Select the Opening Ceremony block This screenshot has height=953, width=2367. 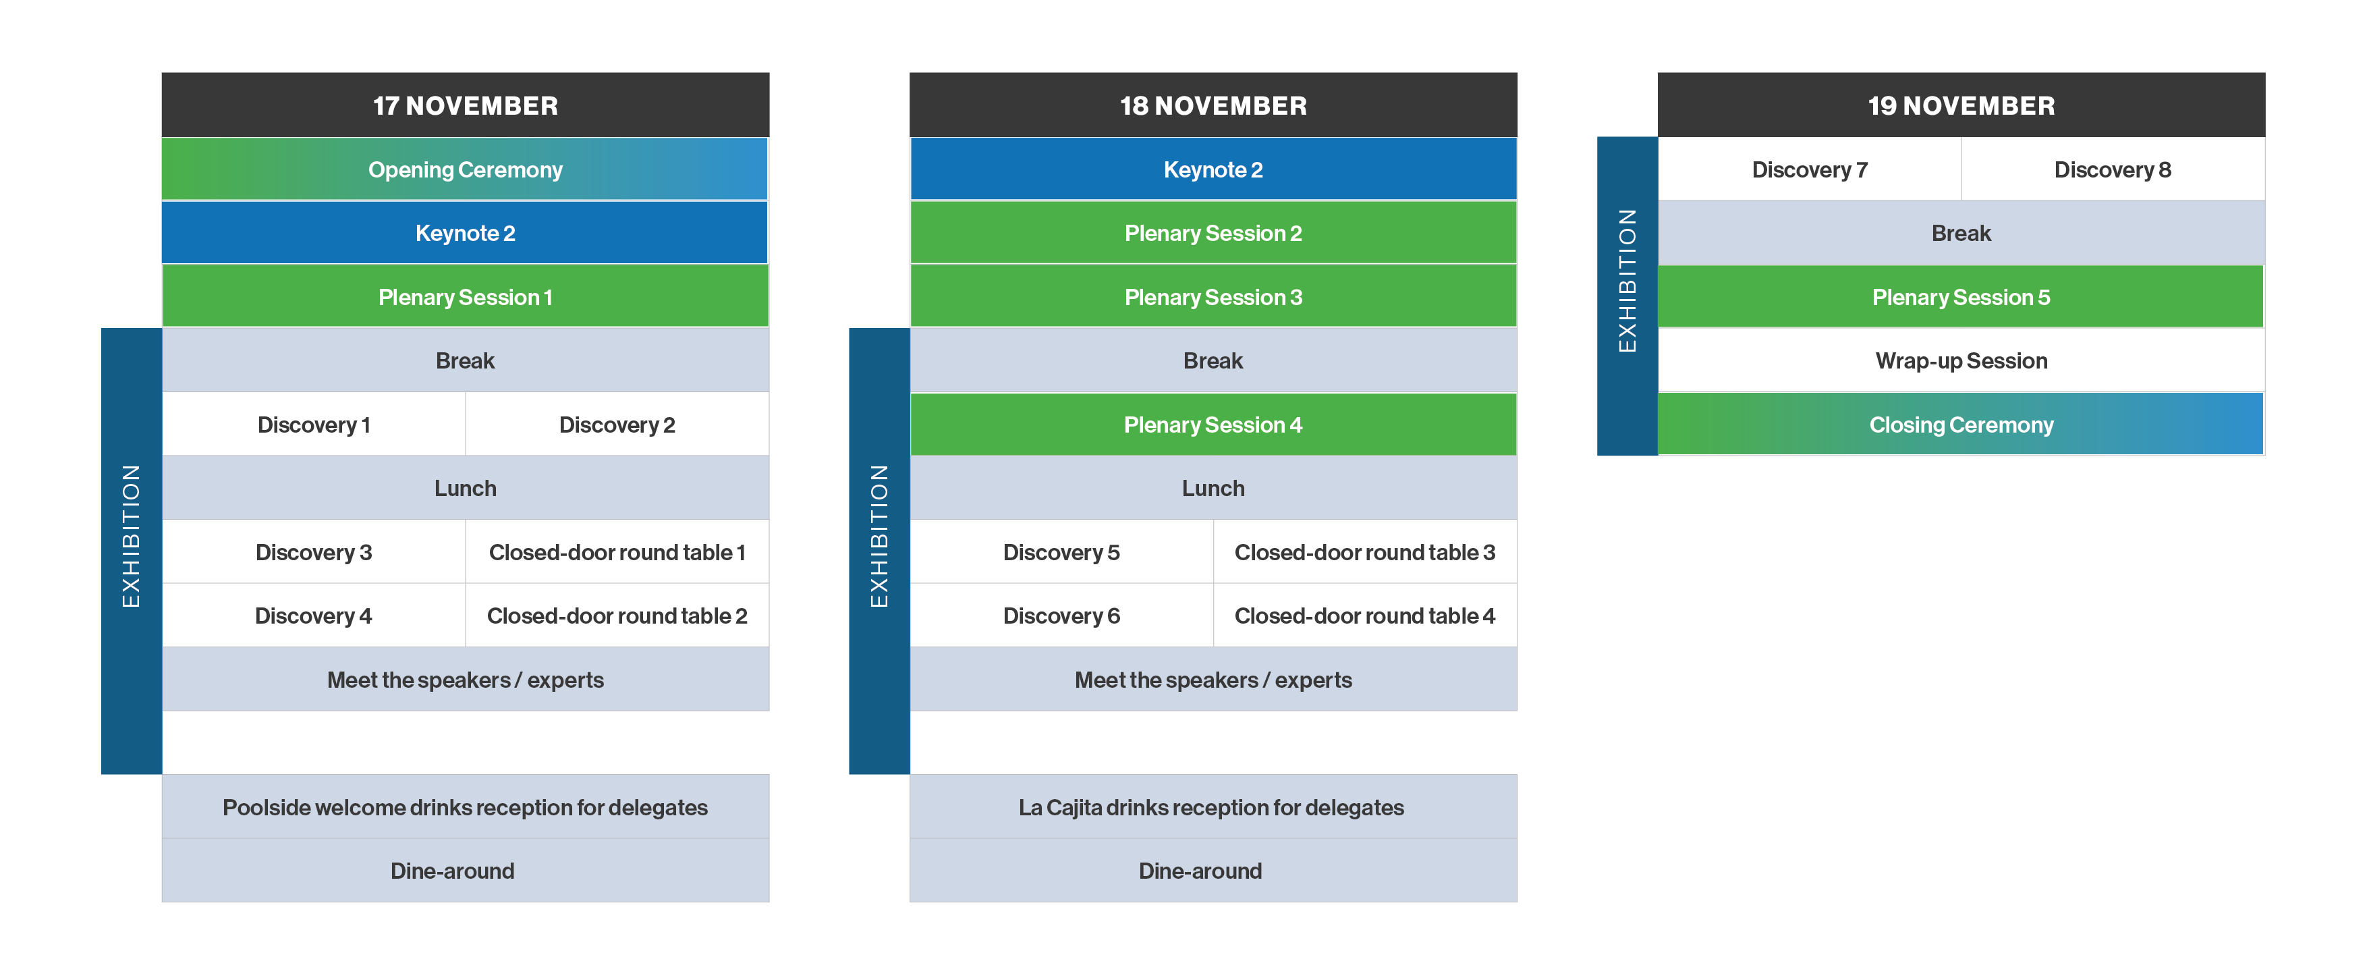(465, 169)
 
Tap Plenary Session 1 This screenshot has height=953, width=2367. (465, 297)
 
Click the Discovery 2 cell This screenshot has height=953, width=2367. (617, 425)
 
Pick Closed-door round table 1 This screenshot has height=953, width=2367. (617, 552)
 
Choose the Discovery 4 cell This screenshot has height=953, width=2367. (313, 616)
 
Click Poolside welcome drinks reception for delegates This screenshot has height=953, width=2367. (465, 807)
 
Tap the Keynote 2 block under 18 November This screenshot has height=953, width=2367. (1213, 169)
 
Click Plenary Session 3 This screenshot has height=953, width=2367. (1213, 297)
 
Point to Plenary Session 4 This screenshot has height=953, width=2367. (1213, 425)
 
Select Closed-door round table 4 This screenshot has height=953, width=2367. (1364, 616)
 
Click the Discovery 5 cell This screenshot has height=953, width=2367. (1061, 552)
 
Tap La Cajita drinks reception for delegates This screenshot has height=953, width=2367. (1213, 807)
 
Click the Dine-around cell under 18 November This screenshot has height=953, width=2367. (1213, 870)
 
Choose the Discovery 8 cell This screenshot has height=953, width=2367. (2113, 169)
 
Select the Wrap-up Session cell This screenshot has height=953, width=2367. (1961, 360)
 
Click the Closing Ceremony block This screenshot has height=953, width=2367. (1961, 425)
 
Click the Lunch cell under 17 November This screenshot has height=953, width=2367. (465, 488)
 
